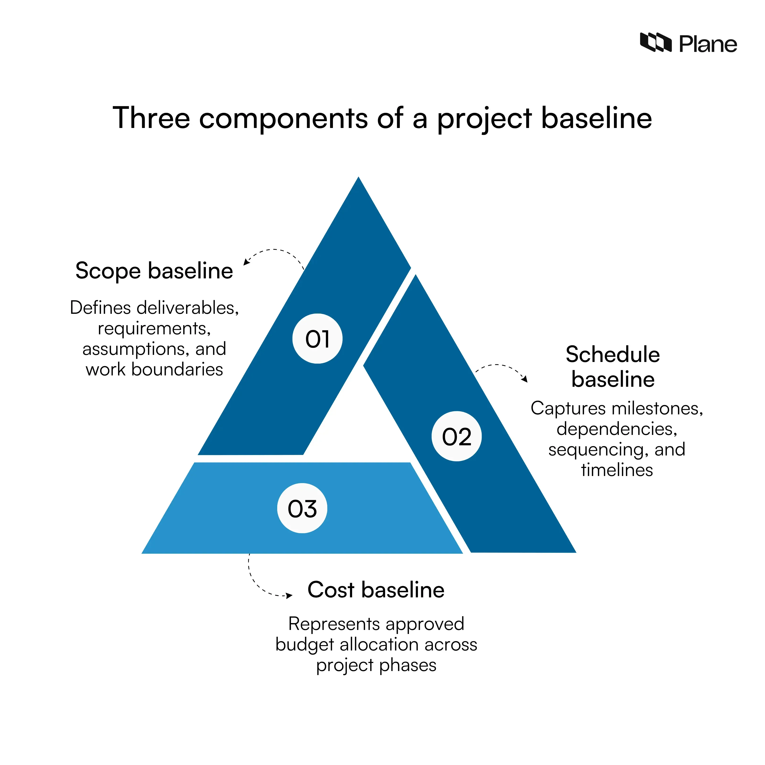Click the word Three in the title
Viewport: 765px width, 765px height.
pos(151,118)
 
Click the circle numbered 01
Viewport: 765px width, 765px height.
pos(317,339)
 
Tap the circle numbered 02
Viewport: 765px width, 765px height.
pos(457,436)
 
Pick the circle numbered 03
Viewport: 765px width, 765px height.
pos(302,508)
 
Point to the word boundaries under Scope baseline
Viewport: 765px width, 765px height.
pos(177,370)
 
